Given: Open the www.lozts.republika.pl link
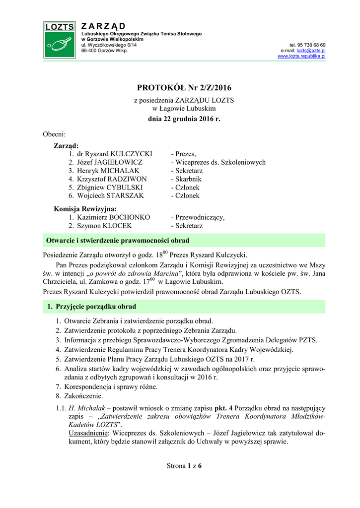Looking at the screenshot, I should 301,57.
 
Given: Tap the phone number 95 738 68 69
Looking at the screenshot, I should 311,45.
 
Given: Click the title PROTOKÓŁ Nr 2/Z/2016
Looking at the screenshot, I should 184,88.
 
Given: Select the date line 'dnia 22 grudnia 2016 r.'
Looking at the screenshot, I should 184,120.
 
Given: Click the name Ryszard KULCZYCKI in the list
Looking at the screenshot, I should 119,154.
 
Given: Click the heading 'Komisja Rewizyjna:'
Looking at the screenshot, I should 85,209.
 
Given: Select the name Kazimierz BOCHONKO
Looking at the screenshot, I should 114,217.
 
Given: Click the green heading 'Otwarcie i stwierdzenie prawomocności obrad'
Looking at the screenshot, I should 118,241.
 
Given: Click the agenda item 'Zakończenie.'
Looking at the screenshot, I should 83,396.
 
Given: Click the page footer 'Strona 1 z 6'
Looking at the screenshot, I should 184,466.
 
